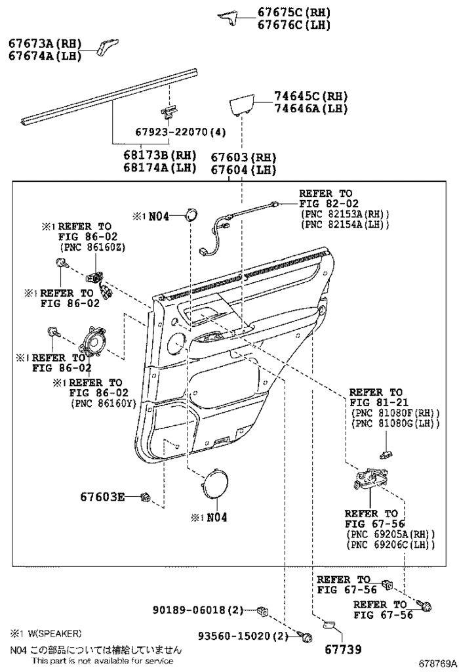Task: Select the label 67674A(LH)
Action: coord(45,56)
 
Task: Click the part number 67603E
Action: coord(102,497)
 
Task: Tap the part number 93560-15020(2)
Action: coord(243,636)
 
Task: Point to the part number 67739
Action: coord(341,648)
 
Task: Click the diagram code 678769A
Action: coord(438,663)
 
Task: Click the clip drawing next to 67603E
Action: coord(146,497)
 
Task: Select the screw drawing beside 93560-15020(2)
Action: coord(306,635)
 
